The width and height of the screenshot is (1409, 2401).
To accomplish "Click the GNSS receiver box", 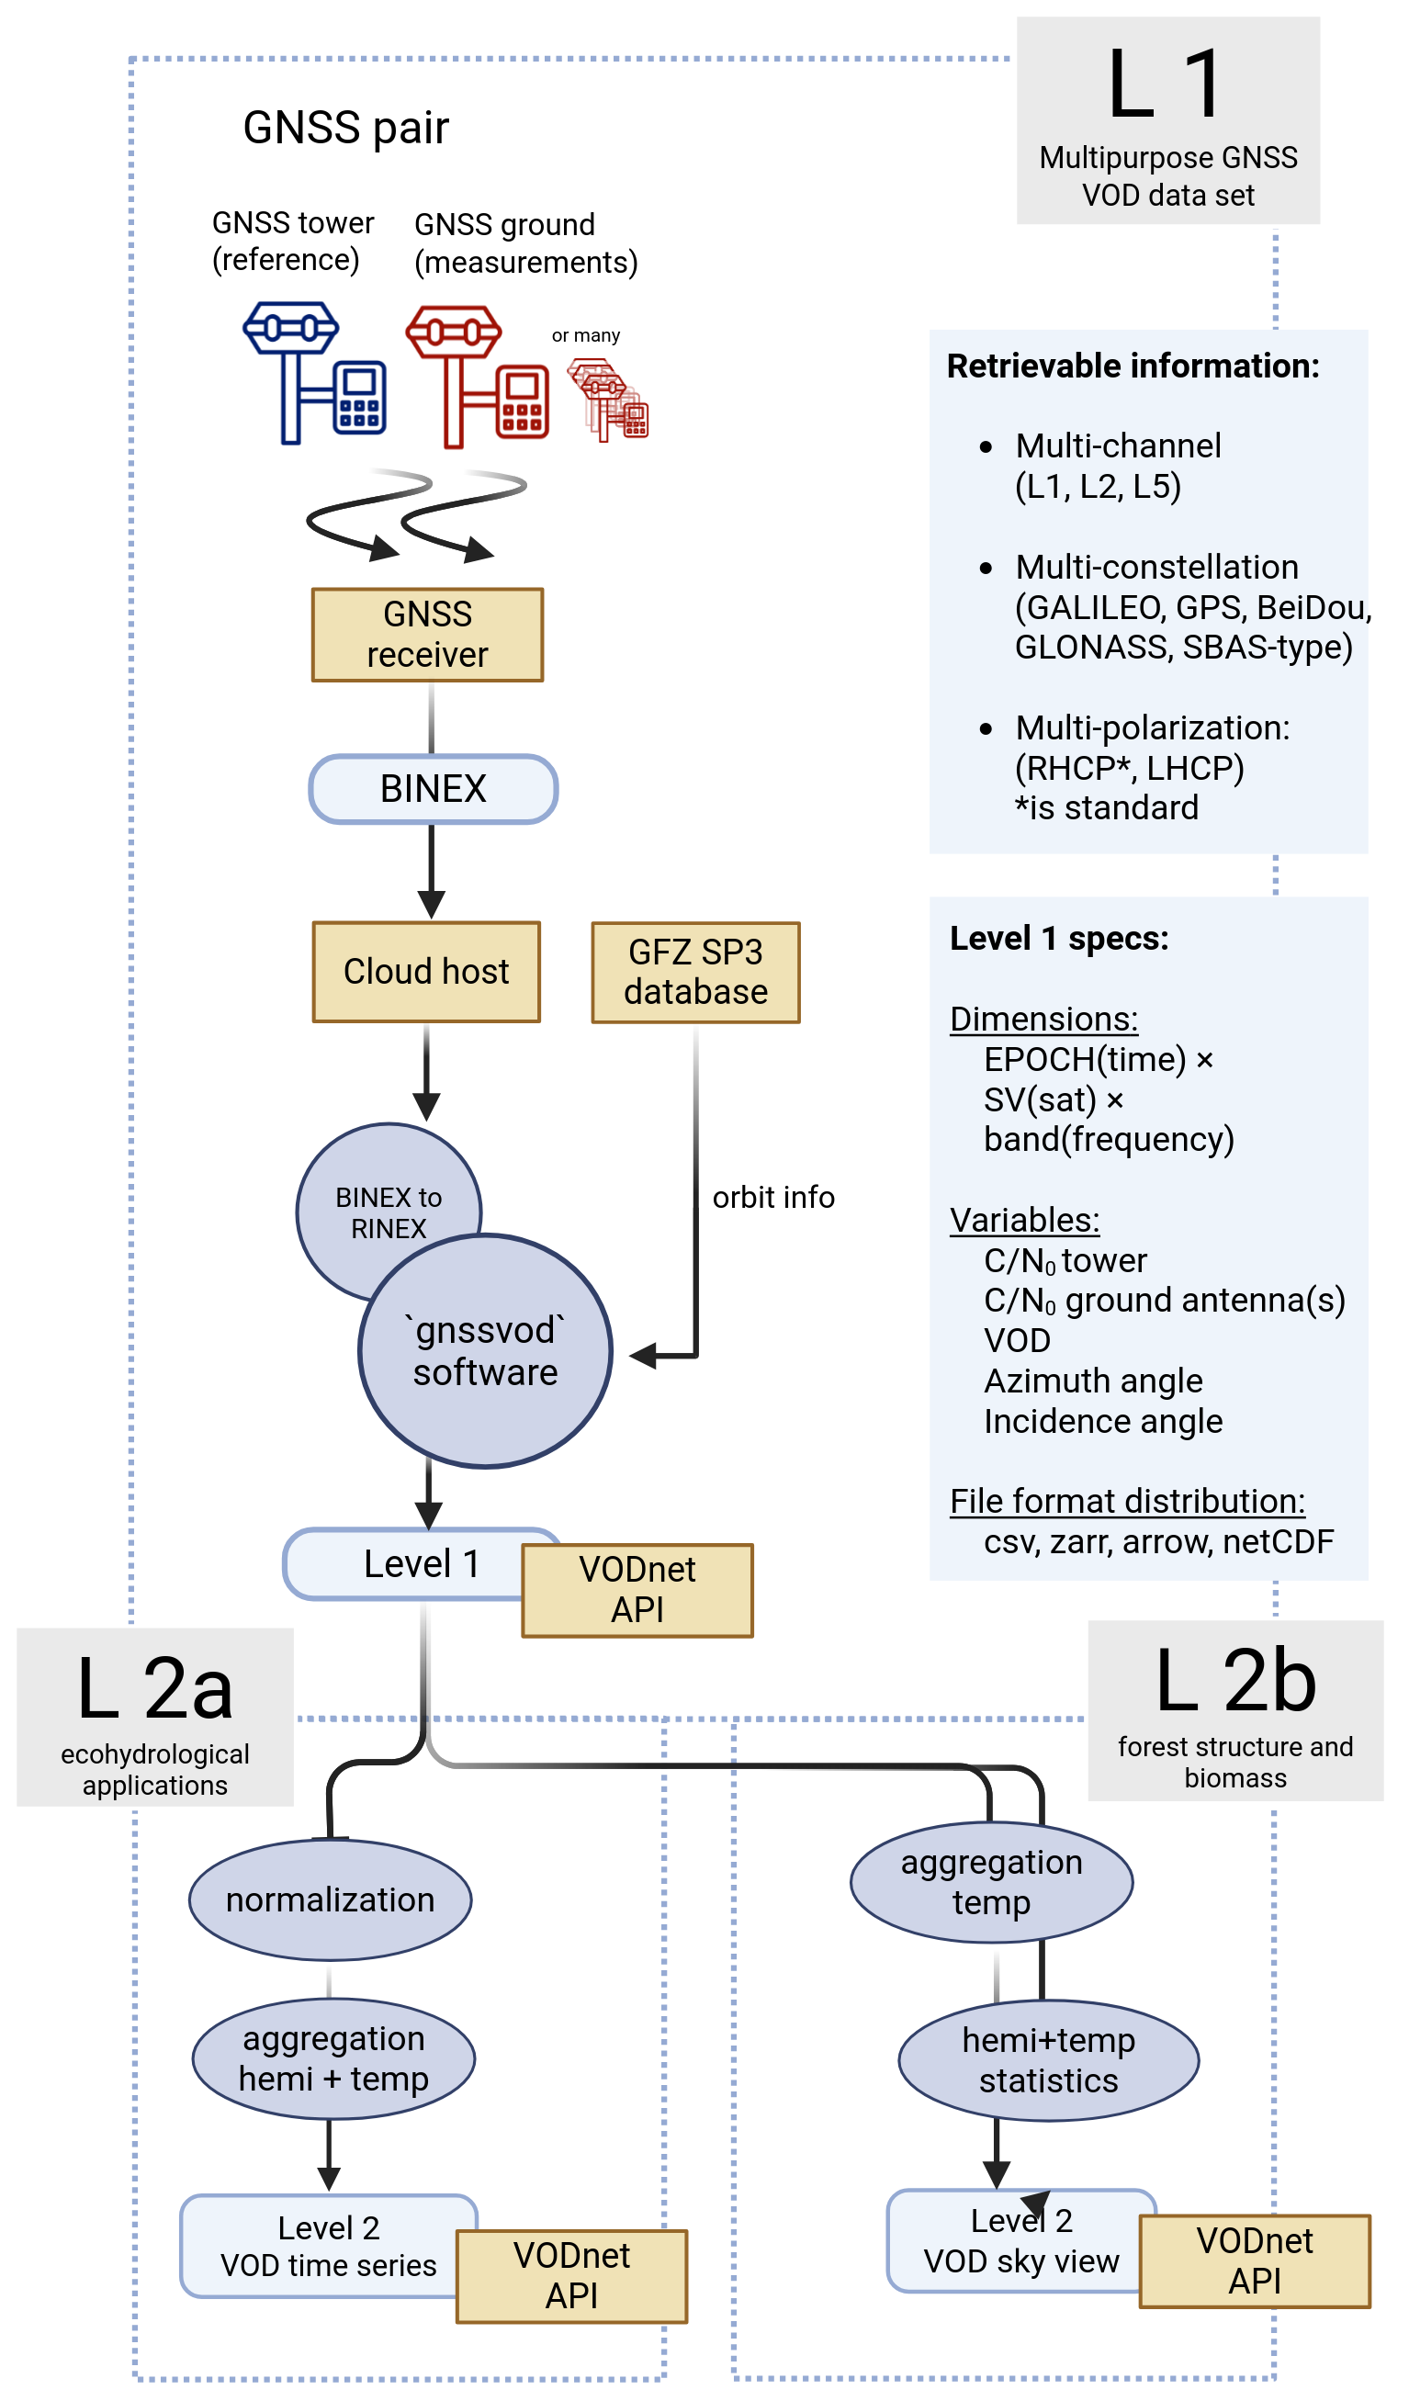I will [427, 635].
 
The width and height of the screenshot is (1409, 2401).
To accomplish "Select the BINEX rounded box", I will [433, 789].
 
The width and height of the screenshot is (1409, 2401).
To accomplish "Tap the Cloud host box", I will [426, 972].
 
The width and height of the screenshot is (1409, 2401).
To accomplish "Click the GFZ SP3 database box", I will [695, 972].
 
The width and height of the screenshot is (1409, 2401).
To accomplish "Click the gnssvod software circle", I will [485, 1351].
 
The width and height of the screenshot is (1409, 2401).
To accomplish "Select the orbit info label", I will [772, 1197].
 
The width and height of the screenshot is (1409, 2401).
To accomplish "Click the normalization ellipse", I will [330, 1899].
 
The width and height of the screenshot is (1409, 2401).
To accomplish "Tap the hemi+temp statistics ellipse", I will [1048, 2060].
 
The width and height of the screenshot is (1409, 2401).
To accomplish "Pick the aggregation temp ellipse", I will [991, 1882].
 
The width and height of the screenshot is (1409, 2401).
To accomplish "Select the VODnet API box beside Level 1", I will [637, 1589].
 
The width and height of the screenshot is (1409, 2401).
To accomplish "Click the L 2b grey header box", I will [1234, 1710].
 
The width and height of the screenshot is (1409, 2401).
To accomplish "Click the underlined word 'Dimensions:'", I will [1043, 1019].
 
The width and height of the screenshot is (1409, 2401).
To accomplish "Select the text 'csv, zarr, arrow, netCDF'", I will [1157, 1540].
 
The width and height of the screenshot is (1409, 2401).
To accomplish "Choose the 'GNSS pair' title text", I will [344, 128].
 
